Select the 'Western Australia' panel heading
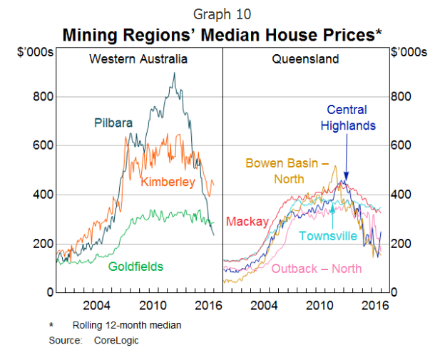(x=138, y=58)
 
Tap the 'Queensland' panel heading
(x=305, y=58)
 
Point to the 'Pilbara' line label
(x=113, y=123)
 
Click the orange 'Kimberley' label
(x=168, y=182)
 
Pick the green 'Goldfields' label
(x=135, y=267)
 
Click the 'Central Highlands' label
(x=347, y=118)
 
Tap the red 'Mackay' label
(x=247, y=222)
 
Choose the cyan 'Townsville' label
(x=328, y=236)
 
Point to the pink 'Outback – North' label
(x=317, y=269)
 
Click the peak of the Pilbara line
(x=174, y=73)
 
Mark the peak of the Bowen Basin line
(x=334, y=166)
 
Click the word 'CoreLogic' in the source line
(x=116, y=340)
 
